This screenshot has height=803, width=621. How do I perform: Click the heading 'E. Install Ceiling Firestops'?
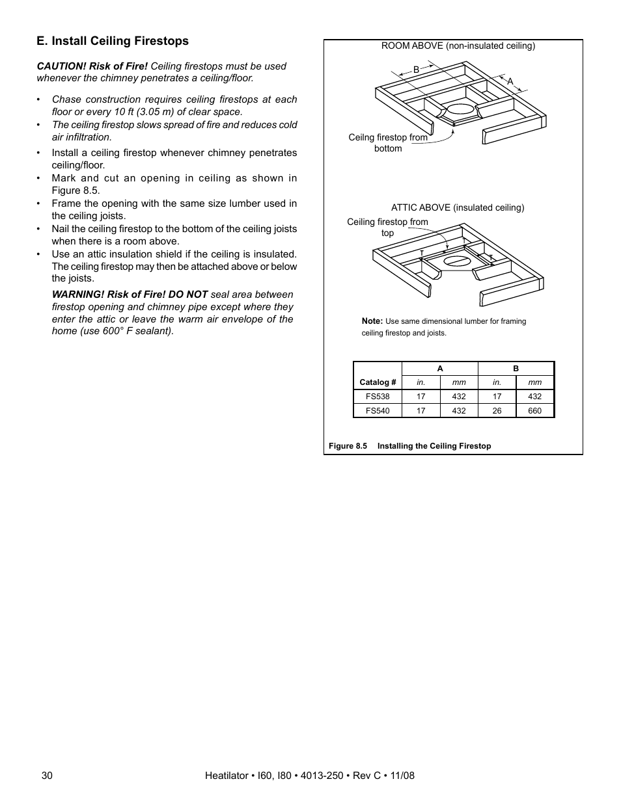(113, 41)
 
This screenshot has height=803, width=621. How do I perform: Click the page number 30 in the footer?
(46, 776)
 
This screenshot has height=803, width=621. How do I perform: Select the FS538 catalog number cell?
(378, 397)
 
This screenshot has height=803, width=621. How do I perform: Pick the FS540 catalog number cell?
(378, 411)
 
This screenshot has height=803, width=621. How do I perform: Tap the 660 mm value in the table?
(534, 411)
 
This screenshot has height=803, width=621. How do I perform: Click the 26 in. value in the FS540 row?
(497, 411)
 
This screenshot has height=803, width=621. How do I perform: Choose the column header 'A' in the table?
(440, 369)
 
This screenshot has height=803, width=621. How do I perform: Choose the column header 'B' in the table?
(516, 369)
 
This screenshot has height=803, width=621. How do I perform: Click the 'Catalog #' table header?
(378, 382)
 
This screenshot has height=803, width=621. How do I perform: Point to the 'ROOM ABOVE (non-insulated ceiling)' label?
(458, 46)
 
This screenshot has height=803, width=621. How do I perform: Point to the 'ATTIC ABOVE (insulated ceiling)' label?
(457, 208)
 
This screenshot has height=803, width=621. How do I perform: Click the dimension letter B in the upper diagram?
(417, 70)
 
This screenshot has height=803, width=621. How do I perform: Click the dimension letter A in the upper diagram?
(510, 81)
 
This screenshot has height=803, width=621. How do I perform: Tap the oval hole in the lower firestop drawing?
(457, 261)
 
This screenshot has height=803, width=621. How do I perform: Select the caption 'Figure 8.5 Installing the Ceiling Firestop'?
(409, 446)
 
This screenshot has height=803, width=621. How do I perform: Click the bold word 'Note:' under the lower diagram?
(372, 321)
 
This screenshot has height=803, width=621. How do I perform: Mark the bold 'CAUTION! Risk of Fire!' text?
(92, 66)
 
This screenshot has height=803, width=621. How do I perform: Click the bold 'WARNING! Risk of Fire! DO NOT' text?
(130, 295)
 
